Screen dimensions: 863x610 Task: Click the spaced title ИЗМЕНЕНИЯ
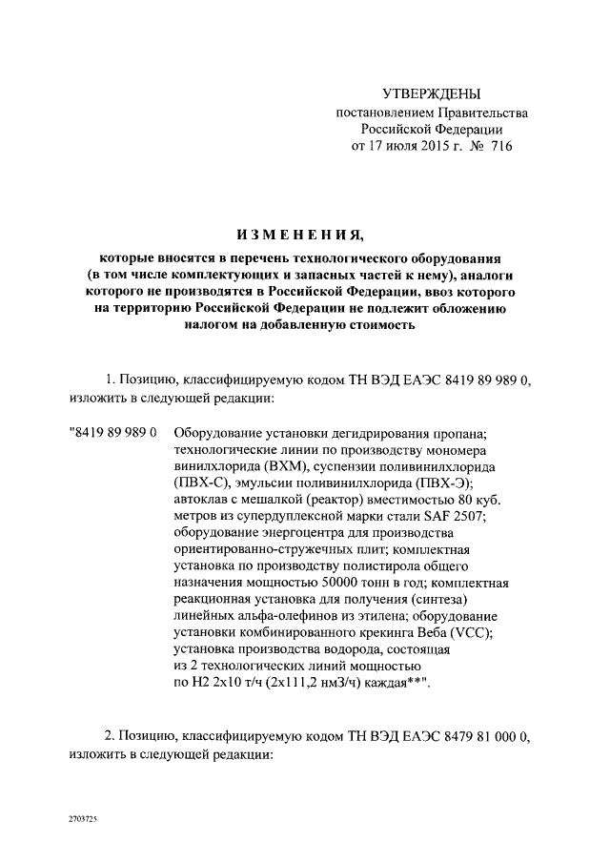coord(306,235)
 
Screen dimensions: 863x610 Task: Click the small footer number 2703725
coord(82,819)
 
